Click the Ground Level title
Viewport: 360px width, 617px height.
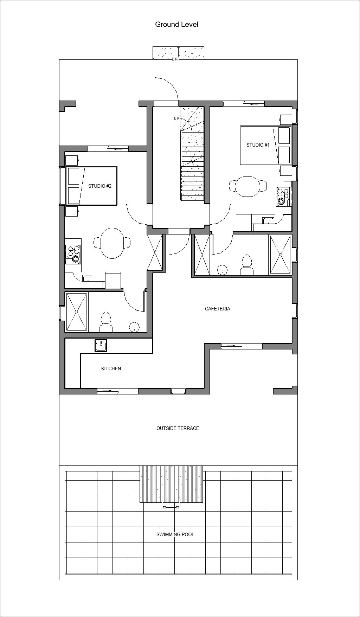[177, 25]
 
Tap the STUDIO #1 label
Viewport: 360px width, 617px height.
[258, 145]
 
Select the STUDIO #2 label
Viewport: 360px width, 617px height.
[100, 186]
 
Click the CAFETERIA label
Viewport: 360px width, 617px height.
[218, 309]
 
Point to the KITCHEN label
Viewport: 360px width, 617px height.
[111, 368]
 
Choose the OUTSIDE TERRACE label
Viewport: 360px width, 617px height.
[178, 428]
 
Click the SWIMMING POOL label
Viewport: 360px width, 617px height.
[175, 534]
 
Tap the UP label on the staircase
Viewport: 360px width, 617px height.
[177, 118]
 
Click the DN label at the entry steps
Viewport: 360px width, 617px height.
[175, 59]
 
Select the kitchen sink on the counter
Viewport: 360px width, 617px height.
[101, 346]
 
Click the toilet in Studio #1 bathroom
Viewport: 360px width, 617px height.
[247, 265]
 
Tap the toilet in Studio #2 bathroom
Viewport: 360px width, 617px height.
[105, 322]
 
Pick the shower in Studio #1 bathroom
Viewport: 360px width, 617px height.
[280, 255]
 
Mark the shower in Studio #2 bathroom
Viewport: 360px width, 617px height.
[76, 312]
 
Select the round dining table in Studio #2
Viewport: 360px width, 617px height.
[112, 243]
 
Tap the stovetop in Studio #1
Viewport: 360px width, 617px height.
[283, 196]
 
